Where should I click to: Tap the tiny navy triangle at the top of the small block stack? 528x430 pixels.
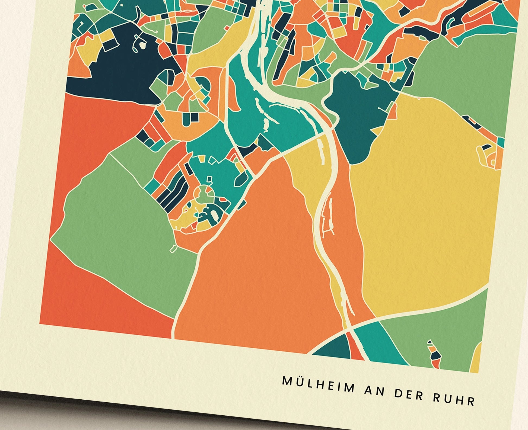(430, 342)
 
